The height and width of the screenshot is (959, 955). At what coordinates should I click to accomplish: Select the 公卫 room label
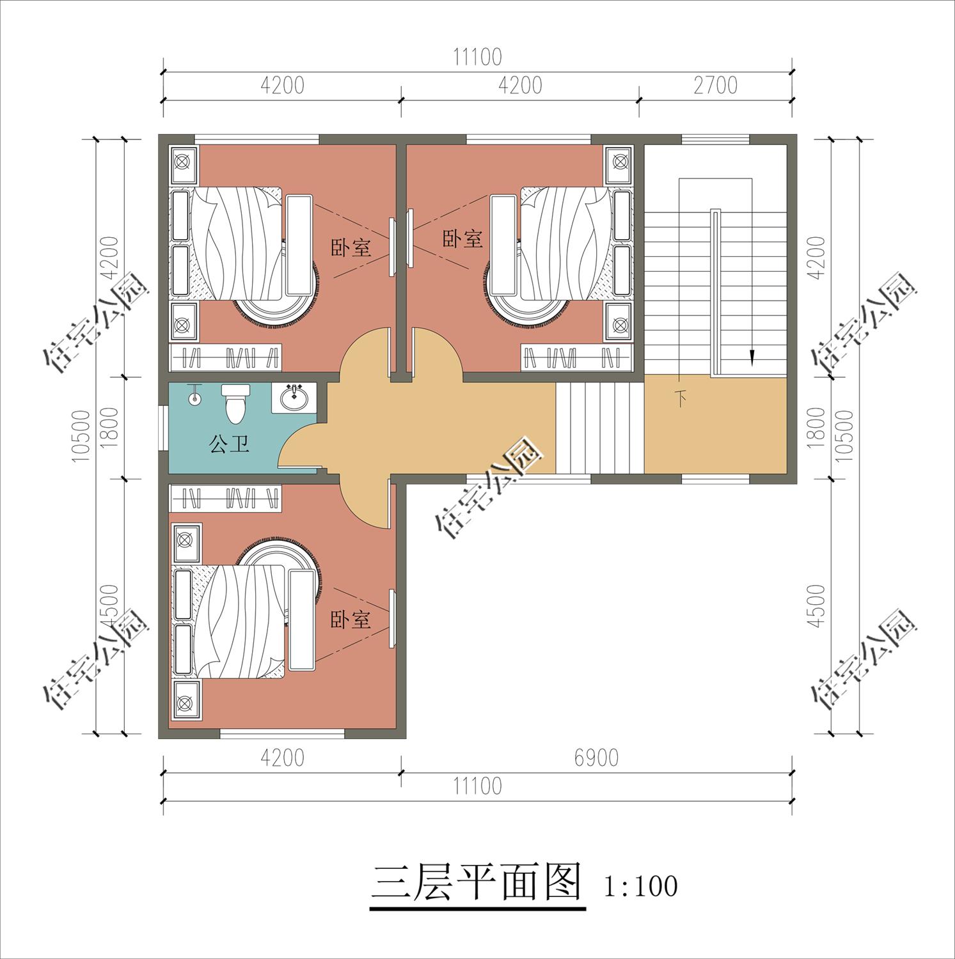(x=229, y=443)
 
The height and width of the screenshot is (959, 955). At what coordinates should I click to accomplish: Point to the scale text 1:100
(x=640, y=886)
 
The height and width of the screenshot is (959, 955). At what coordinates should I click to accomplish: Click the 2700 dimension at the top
(x=715, y=85)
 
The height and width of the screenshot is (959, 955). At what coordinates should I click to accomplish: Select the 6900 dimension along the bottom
(x=596, y=758)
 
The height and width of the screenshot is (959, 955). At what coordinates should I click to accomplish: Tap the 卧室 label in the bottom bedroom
(x=350, y=619)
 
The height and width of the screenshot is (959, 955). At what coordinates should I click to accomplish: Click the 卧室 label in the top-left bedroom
(x=351, y=247)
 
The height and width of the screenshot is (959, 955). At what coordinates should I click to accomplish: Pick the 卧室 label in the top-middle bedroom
(x=462, y=239)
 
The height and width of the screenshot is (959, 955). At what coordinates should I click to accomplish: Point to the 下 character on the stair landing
(x=681, y=400)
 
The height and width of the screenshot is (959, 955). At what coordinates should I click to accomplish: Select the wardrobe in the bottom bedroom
(x=225, y=497)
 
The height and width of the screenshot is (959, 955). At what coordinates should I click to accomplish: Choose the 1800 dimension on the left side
(x=109, y=427)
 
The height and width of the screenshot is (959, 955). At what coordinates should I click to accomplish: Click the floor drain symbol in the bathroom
(x=194, y=398)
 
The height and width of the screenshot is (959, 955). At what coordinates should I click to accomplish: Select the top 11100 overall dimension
(x=477, y=57)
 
